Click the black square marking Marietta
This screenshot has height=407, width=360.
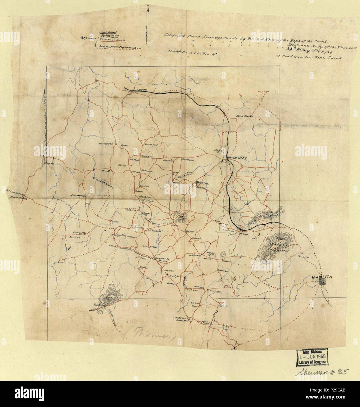322,282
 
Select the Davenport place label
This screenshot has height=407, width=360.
151,145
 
